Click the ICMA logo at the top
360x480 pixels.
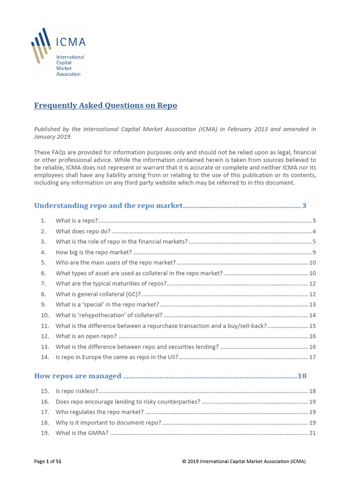coord(59,52)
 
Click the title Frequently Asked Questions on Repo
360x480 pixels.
coord(105,105)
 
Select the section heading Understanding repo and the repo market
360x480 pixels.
coord(108,205)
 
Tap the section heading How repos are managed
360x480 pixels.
coord(78,376)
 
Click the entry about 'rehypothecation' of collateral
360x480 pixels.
coord(109,315)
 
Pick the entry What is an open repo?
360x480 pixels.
coord(86,336)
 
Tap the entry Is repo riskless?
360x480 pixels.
coord(77,391)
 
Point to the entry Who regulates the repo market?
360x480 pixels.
coord(100,412)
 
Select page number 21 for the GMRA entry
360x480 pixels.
coord(312,433)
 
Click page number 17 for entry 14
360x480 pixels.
coord(312,357)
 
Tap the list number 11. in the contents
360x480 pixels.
coord(45,325)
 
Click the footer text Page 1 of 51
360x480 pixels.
coord(48,462)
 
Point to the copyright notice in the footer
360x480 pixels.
coord(244,462)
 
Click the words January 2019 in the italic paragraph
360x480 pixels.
coord(52,137)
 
